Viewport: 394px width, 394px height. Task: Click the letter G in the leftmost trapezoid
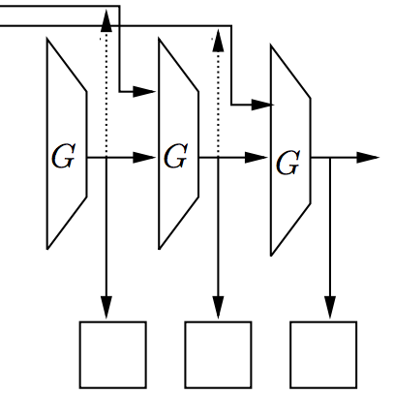click(64, 157)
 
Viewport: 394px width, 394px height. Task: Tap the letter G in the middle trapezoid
click(176, 157)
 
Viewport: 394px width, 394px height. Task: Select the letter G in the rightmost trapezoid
click(288, 163)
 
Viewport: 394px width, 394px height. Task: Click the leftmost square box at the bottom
click(113, 354)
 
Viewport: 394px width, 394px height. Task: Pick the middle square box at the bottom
click(218, 354)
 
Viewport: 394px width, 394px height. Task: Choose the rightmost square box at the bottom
click(323, 354)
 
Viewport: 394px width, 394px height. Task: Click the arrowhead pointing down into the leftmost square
click(106, 308)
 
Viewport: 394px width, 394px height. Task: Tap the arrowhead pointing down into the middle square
click(218, 308)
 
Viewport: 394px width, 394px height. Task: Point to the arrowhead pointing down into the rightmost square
click(330, 308)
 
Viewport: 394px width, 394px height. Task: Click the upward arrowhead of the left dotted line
click(106, 20)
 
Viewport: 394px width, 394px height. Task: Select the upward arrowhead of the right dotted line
click(218, 40)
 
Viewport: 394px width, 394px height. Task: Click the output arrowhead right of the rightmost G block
click(368, 158)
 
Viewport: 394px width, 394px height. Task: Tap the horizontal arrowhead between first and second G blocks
click(144, 158)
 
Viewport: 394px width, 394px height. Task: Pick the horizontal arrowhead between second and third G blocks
click(257, 158)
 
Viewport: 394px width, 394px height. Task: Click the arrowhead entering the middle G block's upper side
click(144, 92)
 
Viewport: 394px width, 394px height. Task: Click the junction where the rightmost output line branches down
click(330, 158)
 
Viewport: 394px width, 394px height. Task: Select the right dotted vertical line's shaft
click(218, 105)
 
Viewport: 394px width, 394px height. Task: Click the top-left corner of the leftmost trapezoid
click(47, 40)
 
